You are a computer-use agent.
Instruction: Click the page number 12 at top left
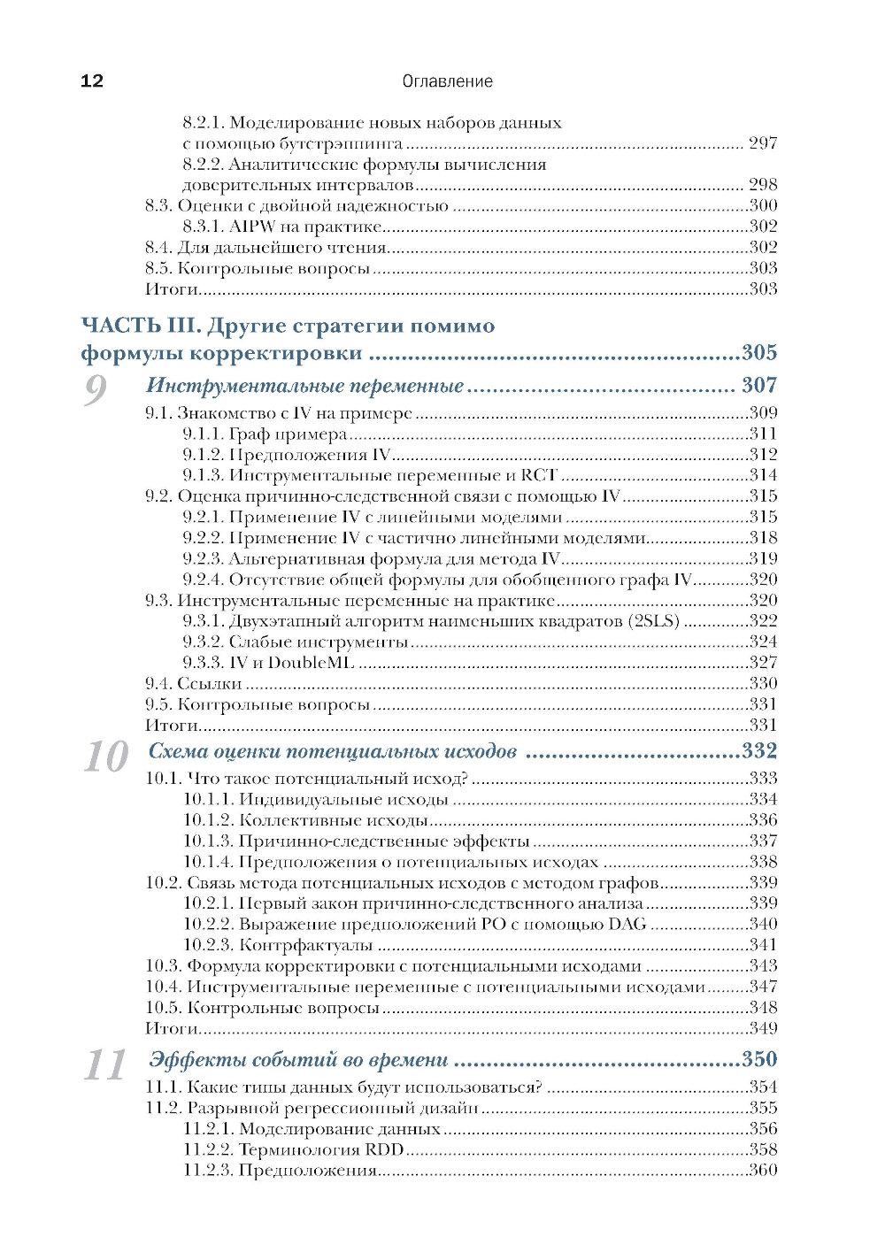(x=92, y=82)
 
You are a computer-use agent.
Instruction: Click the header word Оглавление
(x=446, y=82)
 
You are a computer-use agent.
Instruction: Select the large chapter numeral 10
(x=104, y=758)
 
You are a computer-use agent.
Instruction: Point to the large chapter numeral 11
(x=104, y=1066)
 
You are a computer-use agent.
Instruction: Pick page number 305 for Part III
(x=758, y=354)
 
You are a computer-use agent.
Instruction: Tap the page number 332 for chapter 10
(x=758, y=752)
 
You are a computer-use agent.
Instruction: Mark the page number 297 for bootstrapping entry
(x=761, y=143)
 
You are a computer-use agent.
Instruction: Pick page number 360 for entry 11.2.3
(x=762, y=1170)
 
